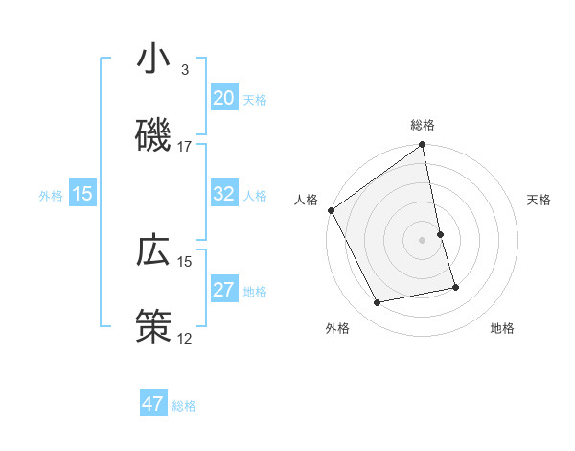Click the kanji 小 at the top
[x=153, y=59]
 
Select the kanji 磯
[x=153, y=134]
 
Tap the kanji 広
[x=153, y=251]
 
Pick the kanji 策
[x=153, y=326]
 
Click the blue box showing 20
[x=223, y=98]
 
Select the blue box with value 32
[x=223, y=194]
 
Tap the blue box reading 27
[x=223, y=290]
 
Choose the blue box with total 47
[x=153, y=404]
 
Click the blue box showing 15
[x=82, y=194]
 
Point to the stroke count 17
[x=185, y=147]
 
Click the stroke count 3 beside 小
[x=185, y=70]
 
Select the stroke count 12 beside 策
[x=185, y=338]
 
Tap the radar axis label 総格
[x=423, y=125]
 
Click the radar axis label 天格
[x=539, y=200]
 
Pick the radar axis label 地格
[x=502, y=328]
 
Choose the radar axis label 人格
[x=306, y=200]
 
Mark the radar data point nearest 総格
[x=423, y=146]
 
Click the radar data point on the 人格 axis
[x=331, y=210]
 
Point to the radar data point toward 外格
[x=378, y=303]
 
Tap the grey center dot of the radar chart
[x=423, y=240]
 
